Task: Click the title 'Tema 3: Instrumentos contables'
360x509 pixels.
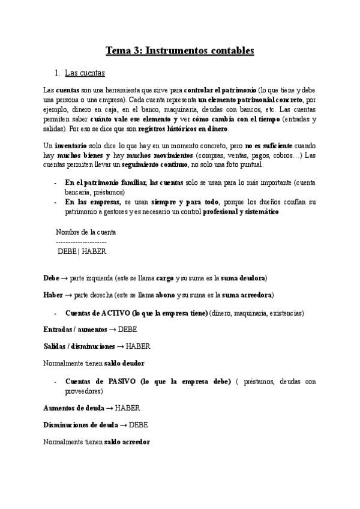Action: [x=180, y=50]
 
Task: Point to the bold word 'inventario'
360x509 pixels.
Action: [x=71, y=146]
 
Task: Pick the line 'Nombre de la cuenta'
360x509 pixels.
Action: [x=86, y=232]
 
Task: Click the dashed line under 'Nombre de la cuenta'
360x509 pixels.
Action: [x=81, y=242]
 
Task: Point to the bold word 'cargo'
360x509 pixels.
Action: [x=164, y=279]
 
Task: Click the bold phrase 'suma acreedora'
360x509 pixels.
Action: [x=248, y=295]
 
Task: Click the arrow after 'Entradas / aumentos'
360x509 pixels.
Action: [x=112, y=330]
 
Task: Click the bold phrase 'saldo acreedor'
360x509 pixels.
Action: [x=127, y=442]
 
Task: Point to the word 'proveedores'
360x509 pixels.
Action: [x=84, y=391]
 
